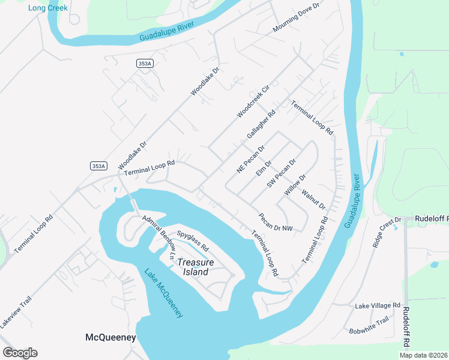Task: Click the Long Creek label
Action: [47, 8]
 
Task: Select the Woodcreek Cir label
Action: [253, 101]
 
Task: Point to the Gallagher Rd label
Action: [261, 124]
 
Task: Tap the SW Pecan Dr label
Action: [282, 173]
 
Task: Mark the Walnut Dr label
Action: [313, 199]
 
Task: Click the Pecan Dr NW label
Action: [276, 223]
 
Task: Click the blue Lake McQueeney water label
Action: [163, 292]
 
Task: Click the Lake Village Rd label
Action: [377, 305]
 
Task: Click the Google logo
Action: [20, 353]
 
